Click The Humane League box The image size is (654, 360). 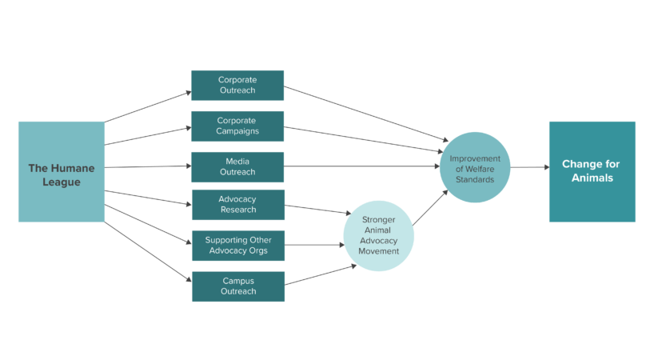click(x=62, y=171)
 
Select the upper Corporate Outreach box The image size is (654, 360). click(x=237, y=85)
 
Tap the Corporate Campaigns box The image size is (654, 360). click(x=237, y=126)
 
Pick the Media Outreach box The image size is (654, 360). click(x=237, y=166)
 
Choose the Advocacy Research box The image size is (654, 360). click(x=237, y=204)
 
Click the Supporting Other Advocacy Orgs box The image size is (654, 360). click(x=237, y=246)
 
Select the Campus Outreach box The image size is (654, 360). click(x=237, y=286)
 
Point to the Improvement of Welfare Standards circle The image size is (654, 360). click(x=474, y=167)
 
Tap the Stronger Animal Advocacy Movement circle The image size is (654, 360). click(x=379, y=235)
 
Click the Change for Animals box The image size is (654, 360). click(x=592, y=171)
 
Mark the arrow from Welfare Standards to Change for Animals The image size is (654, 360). click(x=529, y=167)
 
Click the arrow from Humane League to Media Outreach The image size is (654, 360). click(x=148, y=167)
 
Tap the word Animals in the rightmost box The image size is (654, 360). click(x=592, y=178)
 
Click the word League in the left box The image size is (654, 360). click(x=62, y=182)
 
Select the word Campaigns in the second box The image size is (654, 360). click(x=237, y=131)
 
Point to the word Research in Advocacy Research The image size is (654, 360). click(x=237, y=210)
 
